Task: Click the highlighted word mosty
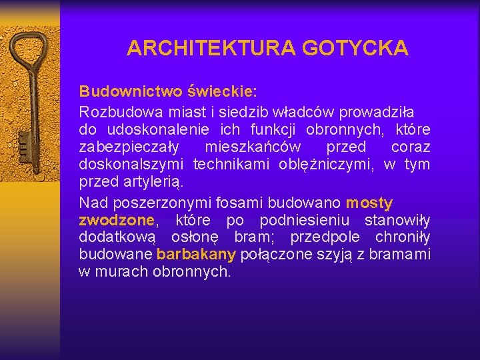369,202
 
